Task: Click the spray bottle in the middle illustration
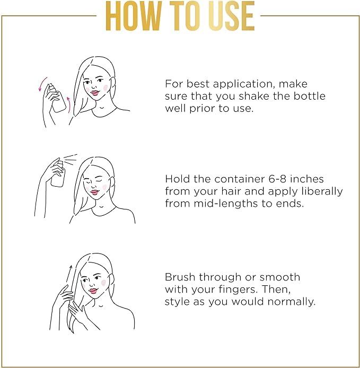point(58,174)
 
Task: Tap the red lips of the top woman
point(95,93)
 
